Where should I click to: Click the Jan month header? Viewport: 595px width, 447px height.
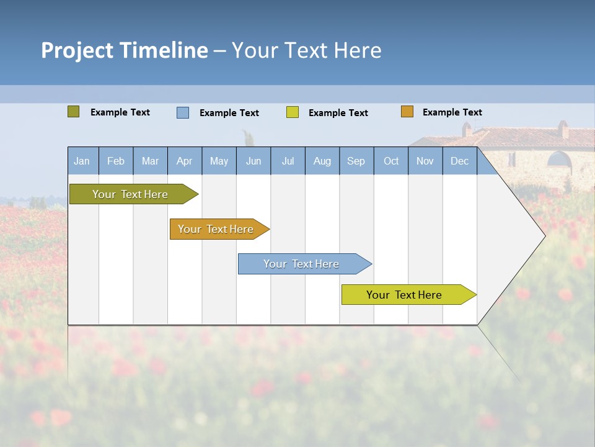pos(82,161)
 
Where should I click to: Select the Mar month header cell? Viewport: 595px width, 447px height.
pos(150,161)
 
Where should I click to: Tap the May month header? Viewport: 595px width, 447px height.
pos(219,161)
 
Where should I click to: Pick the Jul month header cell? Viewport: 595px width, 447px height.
pos(288,161)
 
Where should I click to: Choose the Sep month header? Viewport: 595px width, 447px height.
pos(356,161)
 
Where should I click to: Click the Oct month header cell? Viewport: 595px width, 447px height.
pos(391,161)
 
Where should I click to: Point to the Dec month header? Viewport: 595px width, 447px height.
pos(459,161)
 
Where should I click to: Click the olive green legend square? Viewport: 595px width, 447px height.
pos(74,112)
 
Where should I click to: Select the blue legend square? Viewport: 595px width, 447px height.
pos(183,112)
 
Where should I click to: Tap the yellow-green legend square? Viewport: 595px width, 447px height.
pos(293,112)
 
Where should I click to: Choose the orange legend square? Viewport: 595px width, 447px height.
pos(407,112)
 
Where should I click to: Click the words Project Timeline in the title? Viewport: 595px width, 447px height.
pos(124,50)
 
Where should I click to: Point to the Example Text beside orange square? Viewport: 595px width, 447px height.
pos(452,112)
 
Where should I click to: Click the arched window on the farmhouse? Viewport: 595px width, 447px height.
pos(559,160)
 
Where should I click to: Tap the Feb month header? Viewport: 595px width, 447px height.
pos(116,161)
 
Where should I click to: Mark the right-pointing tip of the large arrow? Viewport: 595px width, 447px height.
pos(544,236)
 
